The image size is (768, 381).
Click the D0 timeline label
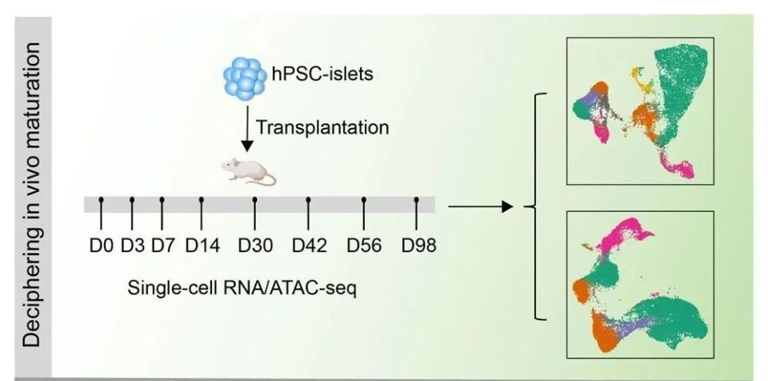pos(102,245)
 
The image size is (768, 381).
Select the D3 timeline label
pos(132,245)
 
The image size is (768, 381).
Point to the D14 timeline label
pos(202,245)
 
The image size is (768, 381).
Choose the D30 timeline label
pos(255,245)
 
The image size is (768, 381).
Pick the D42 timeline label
pos(309,245)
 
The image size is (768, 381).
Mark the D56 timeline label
pos(364,245)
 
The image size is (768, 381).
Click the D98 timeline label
pos(418,245)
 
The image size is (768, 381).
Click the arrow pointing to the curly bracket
pos(479,207)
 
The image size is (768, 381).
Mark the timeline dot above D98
pos(417,199)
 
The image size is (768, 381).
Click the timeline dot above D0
pos(102,199)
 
